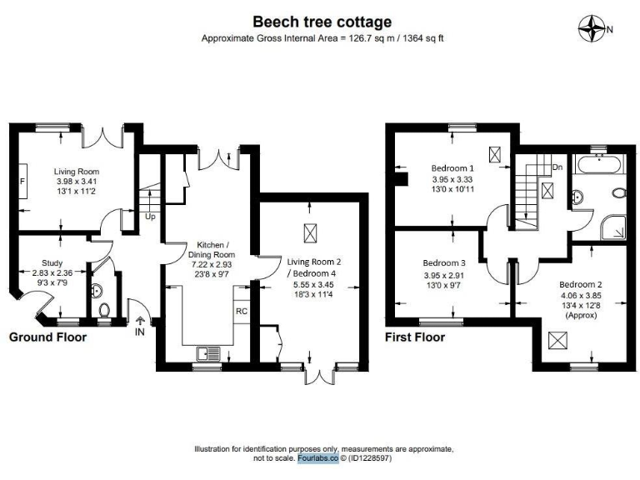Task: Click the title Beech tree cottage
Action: (322, 22)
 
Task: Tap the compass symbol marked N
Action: (594, 28)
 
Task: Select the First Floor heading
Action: (414, 337)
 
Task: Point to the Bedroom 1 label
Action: (452, 166)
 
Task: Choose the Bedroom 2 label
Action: (580, 284)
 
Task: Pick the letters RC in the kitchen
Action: (241, 312)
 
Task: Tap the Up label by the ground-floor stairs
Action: (150, 216)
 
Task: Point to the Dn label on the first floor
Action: (557, 167)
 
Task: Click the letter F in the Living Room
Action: (22, 181)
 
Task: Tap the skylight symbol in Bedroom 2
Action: (555, 340)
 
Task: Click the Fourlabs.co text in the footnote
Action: (317, 457)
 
